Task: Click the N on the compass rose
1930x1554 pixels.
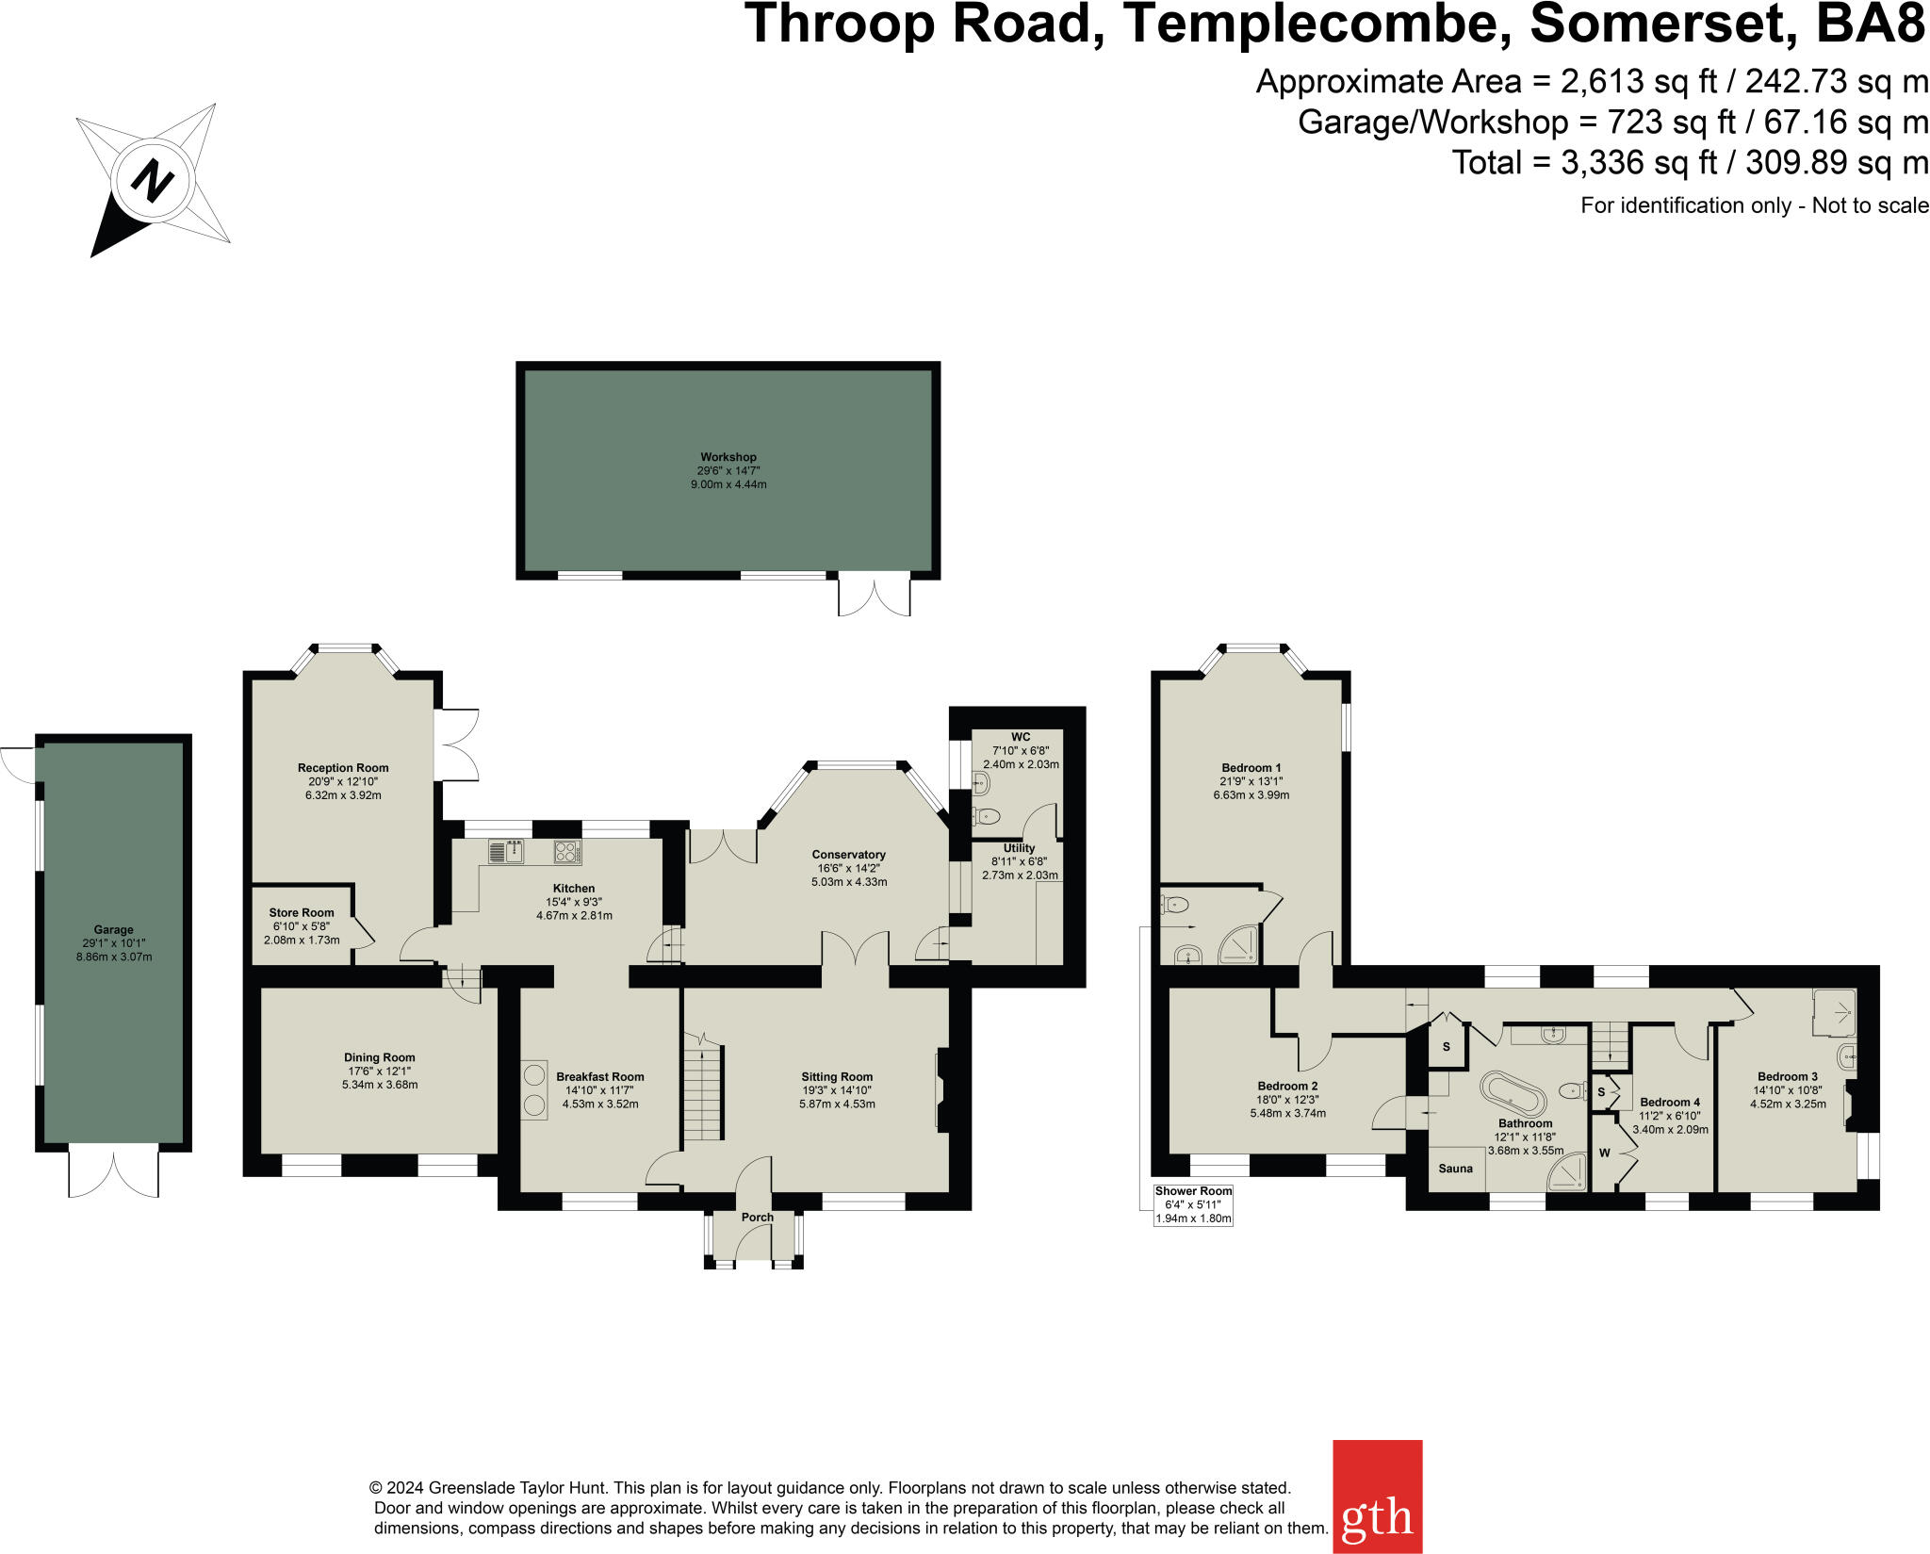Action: [152, 179]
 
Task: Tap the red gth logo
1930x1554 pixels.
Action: [1377, 1496]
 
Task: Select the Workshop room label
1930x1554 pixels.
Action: [728, 457]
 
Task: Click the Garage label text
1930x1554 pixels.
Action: [113, 929]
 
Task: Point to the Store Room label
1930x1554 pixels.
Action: [302, 912]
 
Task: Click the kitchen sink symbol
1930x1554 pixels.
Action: [507, 852]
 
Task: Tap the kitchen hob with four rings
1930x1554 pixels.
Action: [566, 852]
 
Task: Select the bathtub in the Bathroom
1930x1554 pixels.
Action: [1513, 1093]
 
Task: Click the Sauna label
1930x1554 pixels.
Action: [1455, 1169]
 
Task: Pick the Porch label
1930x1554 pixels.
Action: [757, 1217]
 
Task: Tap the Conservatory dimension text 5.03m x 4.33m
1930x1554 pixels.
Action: [849, 882]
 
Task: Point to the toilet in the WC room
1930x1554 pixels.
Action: [986, 815]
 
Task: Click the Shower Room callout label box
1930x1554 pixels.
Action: [1193, 1204]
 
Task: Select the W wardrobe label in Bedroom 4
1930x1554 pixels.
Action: [1604, 1153]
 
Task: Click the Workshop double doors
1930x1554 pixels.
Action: [875, 596]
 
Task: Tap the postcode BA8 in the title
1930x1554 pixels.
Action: [1870, 25]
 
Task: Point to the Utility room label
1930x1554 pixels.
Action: [1019, 848]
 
